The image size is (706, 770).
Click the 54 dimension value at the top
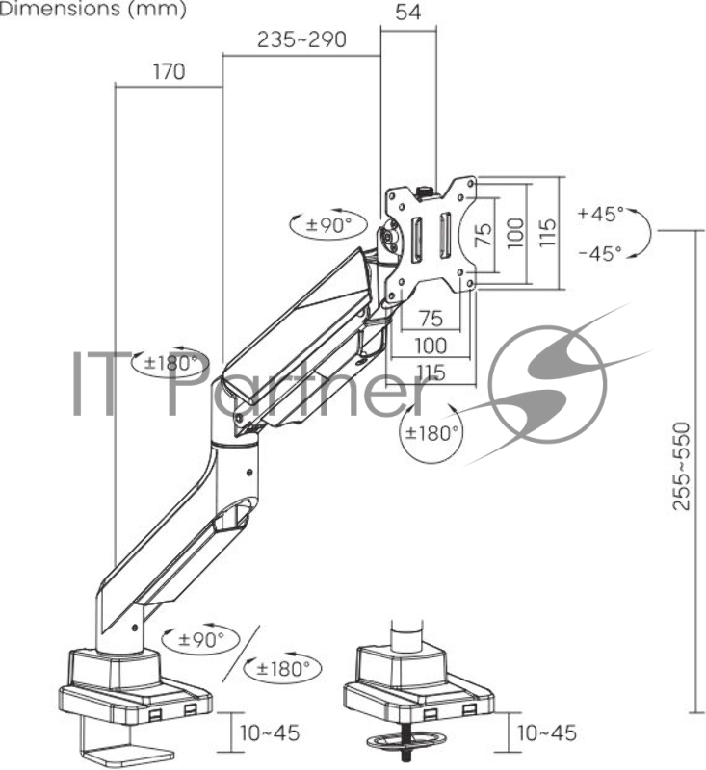(x=407, y=13)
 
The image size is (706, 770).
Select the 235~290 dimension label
(x=301, y=39)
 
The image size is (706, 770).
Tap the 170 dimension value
(x=169, y=71)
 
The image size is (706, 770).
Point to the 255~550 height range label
(x=681, y=466)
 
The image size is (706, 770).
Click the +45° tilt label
(x=601, y=214)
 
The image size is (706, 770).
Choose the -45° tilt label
(x=600, y=253)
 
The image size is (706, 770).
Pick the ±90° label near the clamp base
(x=201, y=639)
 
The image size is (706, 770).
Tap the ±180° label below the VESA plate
(x=431, y=433)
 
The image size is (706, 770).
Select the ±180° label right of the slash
(x=283, y=668)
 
